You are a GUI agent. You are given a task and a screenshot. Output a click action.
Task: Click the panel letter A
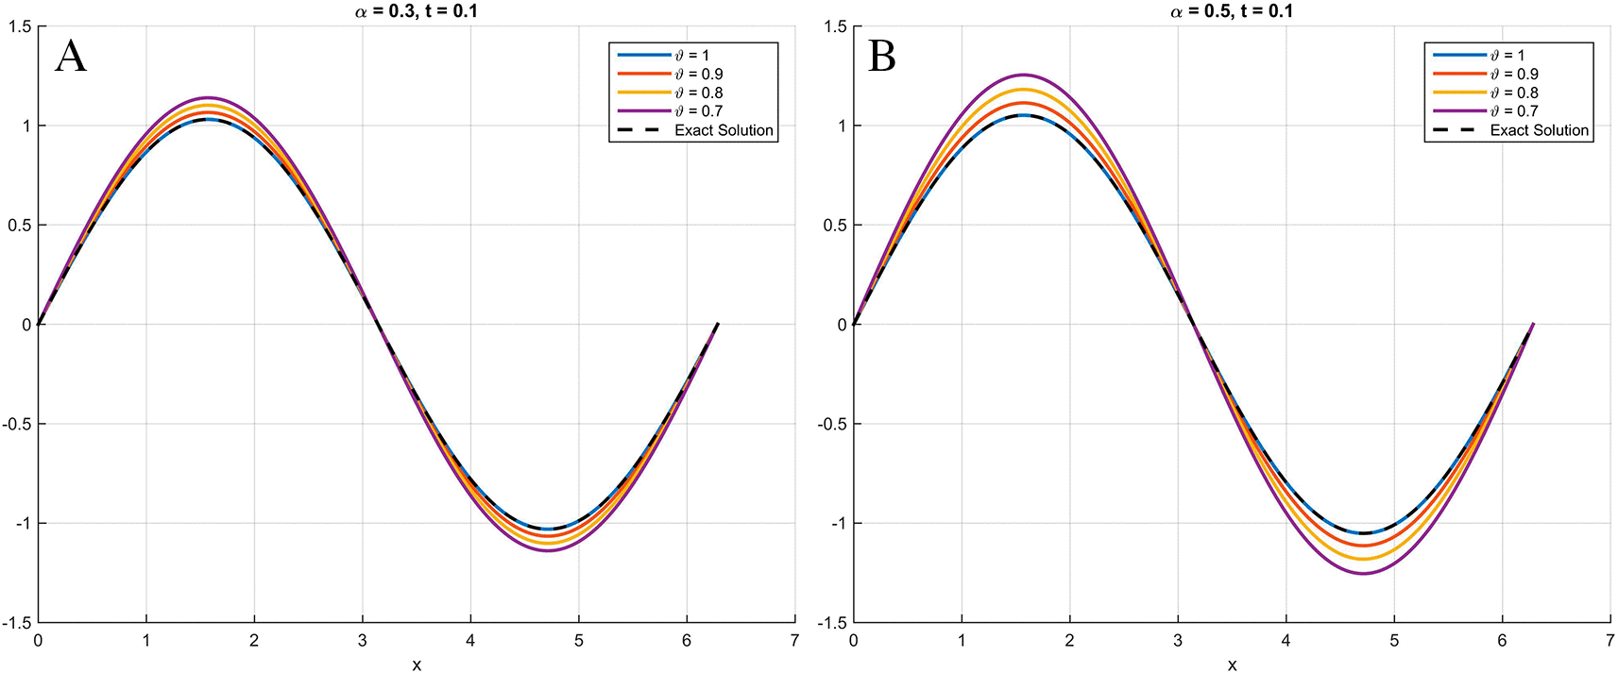click(x=71, y=57)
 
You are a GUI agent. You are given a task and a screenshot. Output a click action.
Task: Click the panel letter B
click(x=881, y=57)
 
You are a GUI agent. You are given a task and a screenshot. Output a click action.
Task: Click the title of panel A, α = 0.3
click(x=416, y=11)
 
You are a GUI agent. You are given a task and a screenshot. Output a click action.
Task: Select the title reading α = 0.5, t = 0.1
click(x=1232, y=11)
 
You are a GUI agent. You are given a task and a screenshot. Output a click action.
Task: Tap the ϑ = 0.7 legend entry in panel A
click(x=699, y=111)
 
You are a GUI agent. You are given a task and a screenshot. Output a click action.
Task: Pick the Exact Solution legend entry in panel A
click(x=724, y=130)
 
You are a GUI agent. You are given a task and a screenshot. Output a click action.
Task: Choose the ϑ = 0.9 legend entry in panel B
click(x=1514, y=74)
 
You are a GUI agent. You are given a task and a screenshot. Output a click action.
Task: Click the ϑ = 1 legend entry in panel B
click(x=1507, y=55)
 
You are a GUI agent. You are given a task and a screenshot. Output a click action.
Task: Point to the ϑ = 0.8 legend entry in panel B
click(x=1514, y=93)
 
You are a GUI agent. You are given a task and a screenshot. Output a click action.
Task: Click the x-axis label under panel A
click(x=417, y=665)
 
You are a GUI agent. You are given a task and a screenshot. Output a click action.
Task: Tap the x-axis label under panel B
click(x=1233, y=665)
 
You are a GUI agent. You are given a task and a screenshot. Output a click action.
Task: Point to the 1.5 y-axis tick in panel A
click(x=20, y=26)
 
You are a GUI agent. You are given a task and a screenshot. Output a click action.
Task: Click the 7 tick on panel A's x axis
click(x=794, y=641)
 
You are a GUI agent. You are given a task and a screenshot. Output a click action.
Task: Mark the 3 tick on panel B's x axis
click(x=1178, y=641)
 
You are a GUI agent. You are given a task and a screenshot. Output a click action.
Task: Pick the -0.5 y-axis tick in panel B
click(x=832, y=424)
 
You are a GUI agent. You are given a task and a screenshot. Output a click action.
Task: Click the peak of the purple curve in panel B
click(x=1023, y=75)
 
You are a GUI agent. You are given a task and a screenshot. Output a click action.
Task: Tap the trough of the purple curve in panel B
click(x=1363, y=573)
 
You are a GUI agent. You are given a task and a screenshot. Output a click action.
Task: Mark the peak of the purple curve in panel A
click(x=208, y=97)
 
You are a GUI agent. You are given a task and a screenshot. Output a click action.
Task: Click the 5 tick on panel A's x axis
click(x=578, y=641)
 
